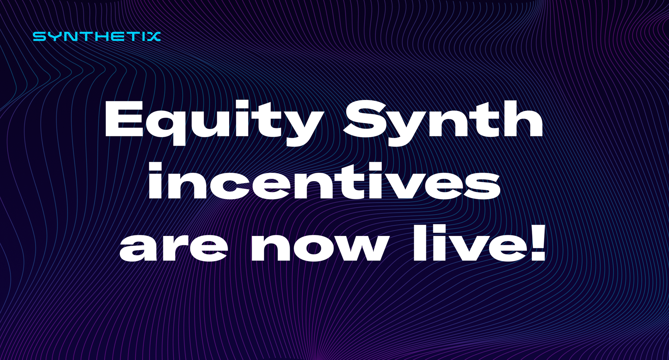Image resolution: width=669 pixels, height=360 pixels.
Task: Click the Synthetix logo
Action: [97, 36]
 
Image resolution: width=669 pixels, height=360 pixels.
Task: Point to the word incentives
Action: [324, 182]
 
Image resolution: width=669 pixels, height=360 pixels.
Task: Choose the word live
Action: [468, 243]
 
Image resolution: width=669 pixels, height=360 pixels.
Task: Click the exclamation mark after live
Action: [537, 243]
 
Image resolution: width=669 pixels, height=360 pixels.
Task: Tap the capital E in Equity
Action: [124, 119]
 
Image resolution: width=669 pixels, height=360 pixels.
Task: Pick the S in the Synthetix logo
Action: [39, 36]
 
